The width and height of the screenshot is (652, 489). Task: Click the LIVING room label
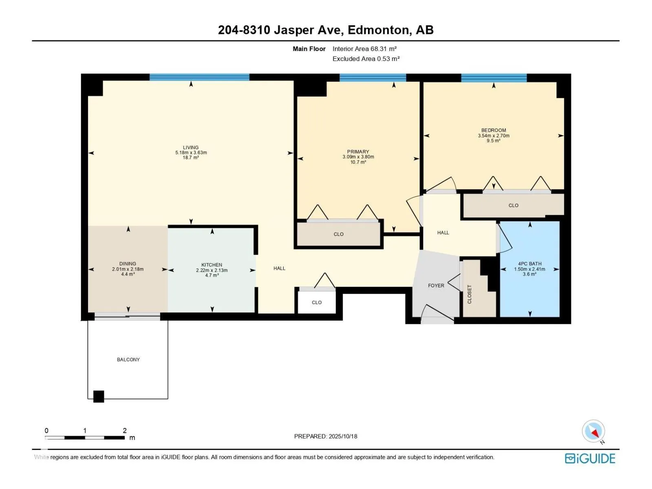coord(191,148)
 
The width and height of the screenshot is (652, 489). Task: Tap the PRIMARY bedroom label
coord(358,152)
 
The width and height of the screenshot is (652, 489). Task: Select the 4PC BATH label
coord(530,264)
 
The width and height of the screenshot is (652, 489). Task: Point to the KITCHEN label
coord(211,265)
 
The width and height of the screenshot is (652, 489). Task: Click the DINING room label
coord(128,264)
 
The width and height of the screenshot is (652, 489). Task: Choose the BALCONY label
coord(128,359)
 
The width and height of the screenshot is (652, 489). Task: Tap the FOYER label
coord(436,286)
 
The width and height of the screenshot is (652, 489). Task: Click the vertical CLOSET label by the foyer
coord(469,294)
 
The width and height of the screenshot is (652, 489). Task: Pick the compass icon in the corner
coord(593,431)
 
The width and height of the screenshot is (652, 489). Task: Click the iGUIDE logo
coord(590,459)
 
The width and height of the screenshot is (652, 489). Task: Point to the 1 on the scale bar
coord(85,430)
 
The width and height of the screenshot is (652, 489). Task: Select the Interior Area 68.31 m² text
coord(365,48)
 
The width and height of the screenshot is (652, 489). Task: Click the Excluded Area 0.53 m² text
coord(366,59)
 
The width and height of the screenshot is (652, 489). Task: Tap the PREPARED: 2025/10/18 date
coord(326,436)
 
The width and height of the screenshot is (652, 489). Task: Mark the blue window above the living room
coord(199,77)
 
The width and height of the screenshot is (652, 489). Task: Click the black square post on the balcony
coord(99,396)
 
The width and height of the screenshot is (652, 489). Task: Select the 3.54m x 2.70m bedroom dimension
coord(493,136)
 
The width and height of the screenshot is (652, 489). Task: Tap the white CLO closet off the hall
coord(317,302)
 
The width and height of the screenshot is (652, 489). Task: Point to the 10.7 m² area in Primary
coord(358,162)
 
